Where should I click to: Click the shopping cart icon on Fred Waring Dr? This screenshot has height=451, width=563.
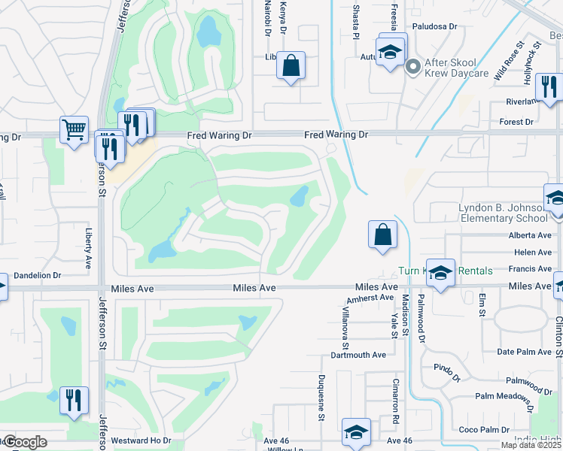[73, 130]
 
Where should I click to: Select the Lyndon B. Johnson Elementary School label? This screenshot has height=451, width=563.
[503, 213]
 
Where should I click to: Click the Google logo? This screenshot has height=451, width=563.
[25, 442]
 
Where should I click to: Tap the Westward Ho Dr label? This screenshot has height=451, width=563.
[141, 440]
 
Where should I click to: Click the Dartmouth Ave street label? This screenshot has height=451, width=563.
[358, 355]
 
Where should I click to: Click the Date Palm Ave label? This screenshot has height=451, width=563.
[525, 352]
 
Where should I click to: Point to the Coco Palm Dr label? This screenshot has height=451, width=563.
[485, 430]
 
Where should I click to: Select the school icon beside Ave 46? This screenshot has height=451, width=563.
[356, 432]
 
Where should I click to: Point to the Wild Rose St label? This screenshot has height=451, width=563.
[508, 61]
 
